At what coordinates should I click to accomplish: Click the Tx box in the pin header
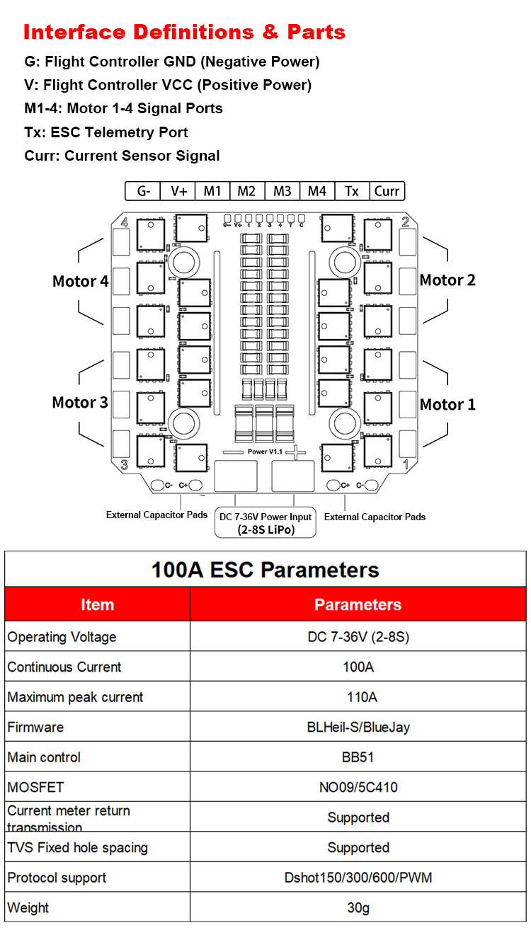352,191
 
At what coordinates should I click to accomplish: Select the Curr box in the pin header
387,191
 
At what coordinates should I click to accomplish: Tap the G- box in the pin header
144,191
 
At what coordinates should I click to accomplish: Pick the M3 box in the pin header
282,191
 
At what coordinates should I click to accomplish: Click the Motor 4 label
80,282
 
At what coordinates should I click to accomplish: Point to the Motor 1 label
447,405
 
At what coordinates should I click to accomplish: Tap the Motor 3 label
80,403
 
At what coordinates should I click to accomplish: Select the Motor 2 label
447,280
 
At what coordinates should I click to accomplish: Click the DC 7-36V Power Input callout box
265,523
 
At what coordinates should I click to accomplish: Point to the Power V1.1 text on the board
265,451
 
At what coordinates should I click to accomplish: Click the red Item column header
97,604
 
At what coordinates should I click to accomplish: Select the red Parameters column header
358,604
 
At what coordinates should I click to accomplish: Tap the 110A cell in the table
358,697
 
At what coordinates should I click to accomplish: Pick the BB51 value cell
358,757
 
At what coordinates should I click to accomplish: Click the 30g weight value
358,908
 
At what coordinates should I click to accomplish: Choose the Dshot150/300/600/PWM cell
358,878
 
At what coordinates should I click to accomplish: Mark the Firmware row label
35,727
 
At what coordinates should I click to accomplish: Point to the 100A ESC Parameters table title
265,570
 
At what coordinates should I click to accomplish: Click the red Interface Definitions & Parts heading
184,33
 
